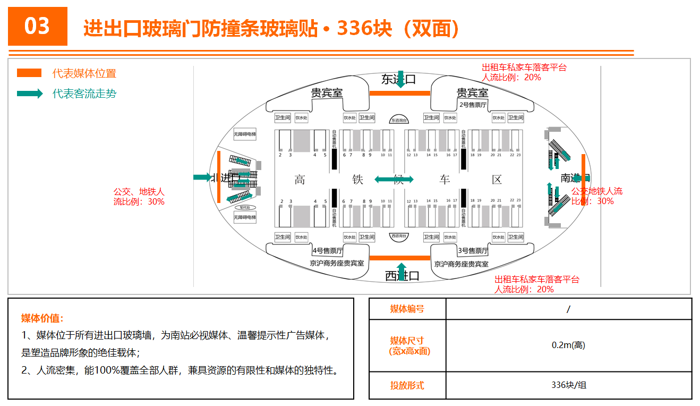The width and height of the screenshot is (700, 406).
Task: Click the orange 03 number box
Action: [x=38, y=26]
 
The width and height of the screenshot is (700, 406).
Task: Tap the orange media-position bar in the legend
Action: [x=29, y=73]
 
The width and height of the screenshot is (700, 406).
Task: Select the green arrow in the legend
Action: [x=30, y=94]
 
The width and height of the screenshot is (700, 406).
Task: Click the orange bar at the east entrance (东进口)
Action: [x=399, y=93]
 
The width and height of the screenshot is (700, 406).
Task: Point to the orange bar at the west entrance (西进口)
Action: [x=399, y=258]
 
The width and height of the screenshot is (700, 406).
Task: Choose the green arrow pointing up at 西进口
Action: [x=402, y=270]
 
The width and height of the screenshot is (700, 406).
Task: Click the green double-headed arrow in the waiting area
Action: [x=394, y=180]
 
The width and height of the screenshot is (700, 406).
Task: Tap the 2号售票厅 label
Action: [x=473, y=105]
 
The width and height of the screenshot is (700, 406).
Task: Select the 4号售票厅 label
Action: [x=328, y=250]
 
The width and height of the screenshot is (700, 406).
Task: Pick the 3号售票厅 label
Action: [x=473, y=250]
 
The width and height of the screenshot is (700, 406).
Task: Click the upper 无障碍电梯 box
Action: [x=245, y=134]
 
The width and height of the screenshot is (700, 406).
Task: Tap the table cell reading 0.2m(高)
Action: [x=568, y=345]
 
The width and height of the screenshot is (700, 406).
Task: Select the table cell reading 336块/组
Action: [x=568, y=385]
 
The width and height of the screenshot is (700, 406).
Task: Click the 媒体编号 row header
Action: [x=407, y=309]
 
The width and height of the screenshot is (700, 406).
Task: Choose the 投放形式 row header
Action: [x=407, y=385]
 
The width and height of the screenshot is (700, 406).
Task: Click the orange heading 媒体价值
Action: [x=42, y=318]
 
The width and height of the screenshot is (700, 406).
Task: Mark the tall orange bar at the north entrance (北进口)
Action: [x=218, y=176]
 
